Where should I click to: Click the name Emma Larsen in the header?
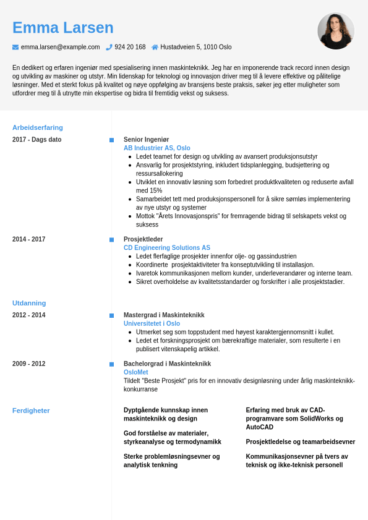[63, 28]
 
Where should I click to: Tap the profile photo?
[336, 31]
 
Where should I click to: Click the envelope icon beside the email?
[15, 47]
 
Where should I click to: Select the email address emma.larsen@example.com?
[60, 47]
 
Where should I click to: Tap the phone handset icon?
[109, 47]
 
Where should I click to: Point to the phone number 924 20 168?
[130, 47]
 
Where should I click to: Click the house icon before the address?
[155, 47]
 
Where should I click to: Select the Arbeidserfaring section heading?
[38, 127]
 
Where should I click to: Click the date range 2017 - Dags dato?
[37, 140]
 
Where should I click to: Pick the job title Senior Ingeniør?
[146, 140]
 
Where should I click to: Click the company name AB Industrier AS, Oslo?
[157, 148]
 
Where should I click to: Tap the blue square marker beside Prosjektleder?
[111, 239]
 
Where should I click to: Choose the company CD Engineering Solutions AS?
[167, 248]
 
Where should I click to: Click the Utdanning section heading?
[29, 303]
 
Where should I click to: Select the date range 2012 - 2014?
[29, 315]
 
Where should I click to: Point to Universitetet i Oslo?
[152, 323]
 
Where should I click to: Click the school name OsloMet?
[135, 372]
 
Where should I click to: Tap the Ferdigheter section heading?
[31, 411]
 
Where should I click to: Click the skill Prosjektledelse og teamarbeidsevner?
[301, 442]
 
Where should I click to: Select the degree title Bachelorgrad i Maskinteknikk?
[167, 364]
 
